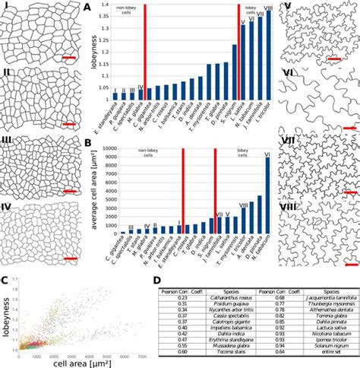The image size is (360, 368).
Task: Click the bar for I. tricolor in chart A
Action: click(x=268, y=53)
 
